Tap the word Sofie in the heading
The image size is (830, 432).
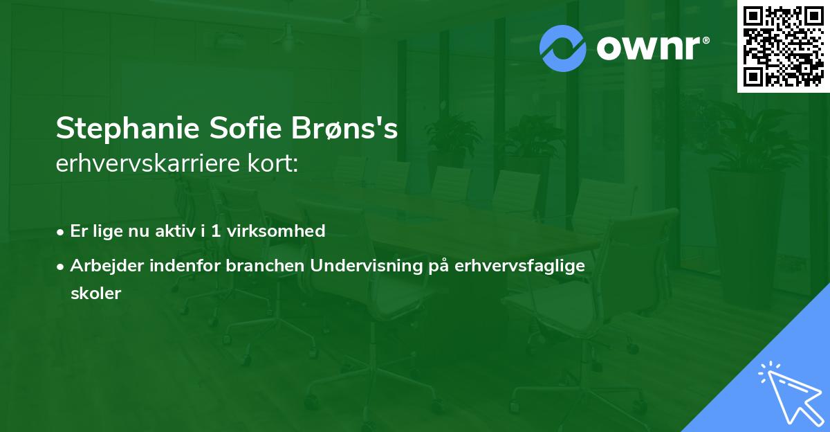[246, 127]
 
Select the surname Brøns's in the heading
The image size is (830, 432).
[344, 128]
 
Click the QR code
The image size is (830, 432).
[784, 46]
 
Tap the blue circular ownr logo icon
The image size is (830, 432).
[562, 48]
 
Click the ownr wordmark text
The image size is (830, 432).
[648, 48]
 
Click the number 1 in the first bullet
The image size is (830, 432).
[216, 231]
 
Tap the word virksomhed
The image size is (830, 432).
[276, 231]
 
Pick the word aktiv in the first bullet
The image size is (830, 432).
[175, 231]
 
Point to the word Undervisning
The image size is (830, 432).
[367, 267]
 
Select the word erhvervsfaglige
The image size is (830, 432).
[519, 267]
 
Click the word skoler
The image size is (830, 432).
[95, 294]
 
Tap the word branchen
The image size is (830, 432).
[265, 266]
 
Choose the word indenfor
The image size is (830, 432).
[185, 266]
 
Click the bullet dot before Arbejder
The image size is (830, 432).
[60, 267]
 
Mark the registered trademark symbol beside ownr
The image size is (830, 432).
[705, 40]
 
